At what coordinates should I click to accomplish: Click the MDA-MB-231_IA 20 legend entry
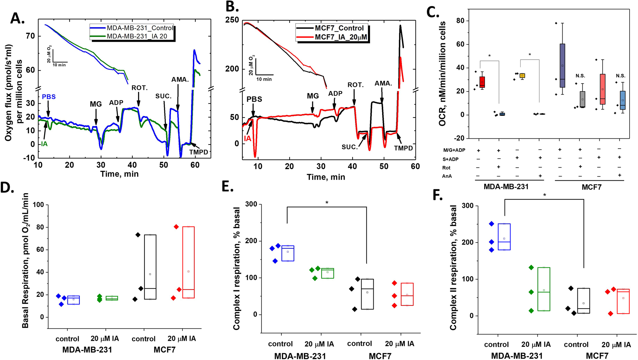click(x=137, y=36)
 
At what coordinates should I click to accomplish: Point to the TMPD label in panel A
click(x=199, y=152)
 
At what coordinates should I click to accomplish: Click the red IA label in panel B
click(x=247, y=138)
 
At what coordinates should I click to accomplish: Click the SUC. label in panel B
click(x=349, y=147)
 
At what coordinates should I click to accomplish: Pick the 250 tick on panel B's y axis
click(x=232, y=20)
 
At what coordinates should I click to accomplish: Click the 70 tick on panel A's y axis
click(x=30, y=36)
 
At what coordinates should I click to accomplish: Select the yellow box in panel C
click(x=522, y=76)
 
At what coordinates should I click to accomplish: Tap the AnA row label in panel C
click(x=447, y=176)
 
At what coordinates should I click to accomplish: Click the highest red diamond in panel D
click(x=176, y=227)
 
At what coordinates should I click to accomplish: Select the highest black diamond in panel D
click(x=138, y=235)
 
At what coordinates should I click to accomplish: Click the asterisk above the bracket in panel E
click(x=327, y=203)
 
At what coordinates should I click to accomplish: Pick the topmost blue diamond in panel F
click(x=492, y=224)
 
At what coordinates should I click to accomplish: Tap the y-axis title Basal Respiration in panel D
click(x=25, y=260)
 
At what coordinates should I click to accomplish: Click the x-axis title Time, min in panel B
click(x=326, y=177)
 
